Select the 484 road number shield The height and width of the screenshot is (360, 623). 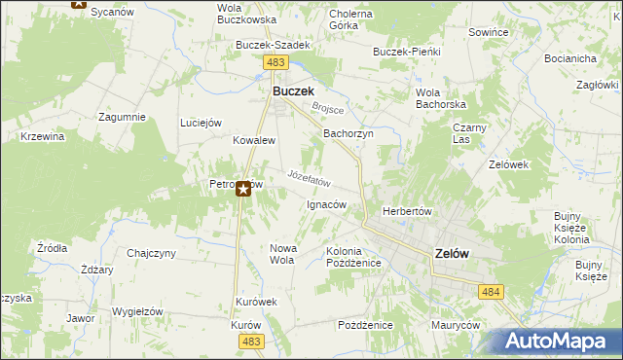tap(490, 291)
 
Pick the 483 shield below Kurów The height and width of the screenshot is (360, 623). tap(251, 341)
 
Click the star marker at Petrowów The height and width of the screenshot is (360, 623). tap(243, 190)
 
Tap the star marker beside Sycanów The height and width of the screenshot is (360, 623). tap(79, 3)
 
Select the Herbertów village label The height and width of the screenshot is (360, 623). tap(407, 211)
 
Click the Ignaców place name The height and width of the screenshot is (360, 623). tap(326, 205)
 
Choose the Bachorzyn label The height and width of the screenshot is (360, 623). tap(348, 133)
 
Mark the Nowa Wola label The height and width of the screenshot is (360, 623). tap(282, 254)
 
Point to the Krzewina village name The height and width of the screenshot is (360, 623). tap(43, 136)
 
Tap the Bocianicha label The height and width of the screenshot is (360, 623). tap(570, 58)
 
